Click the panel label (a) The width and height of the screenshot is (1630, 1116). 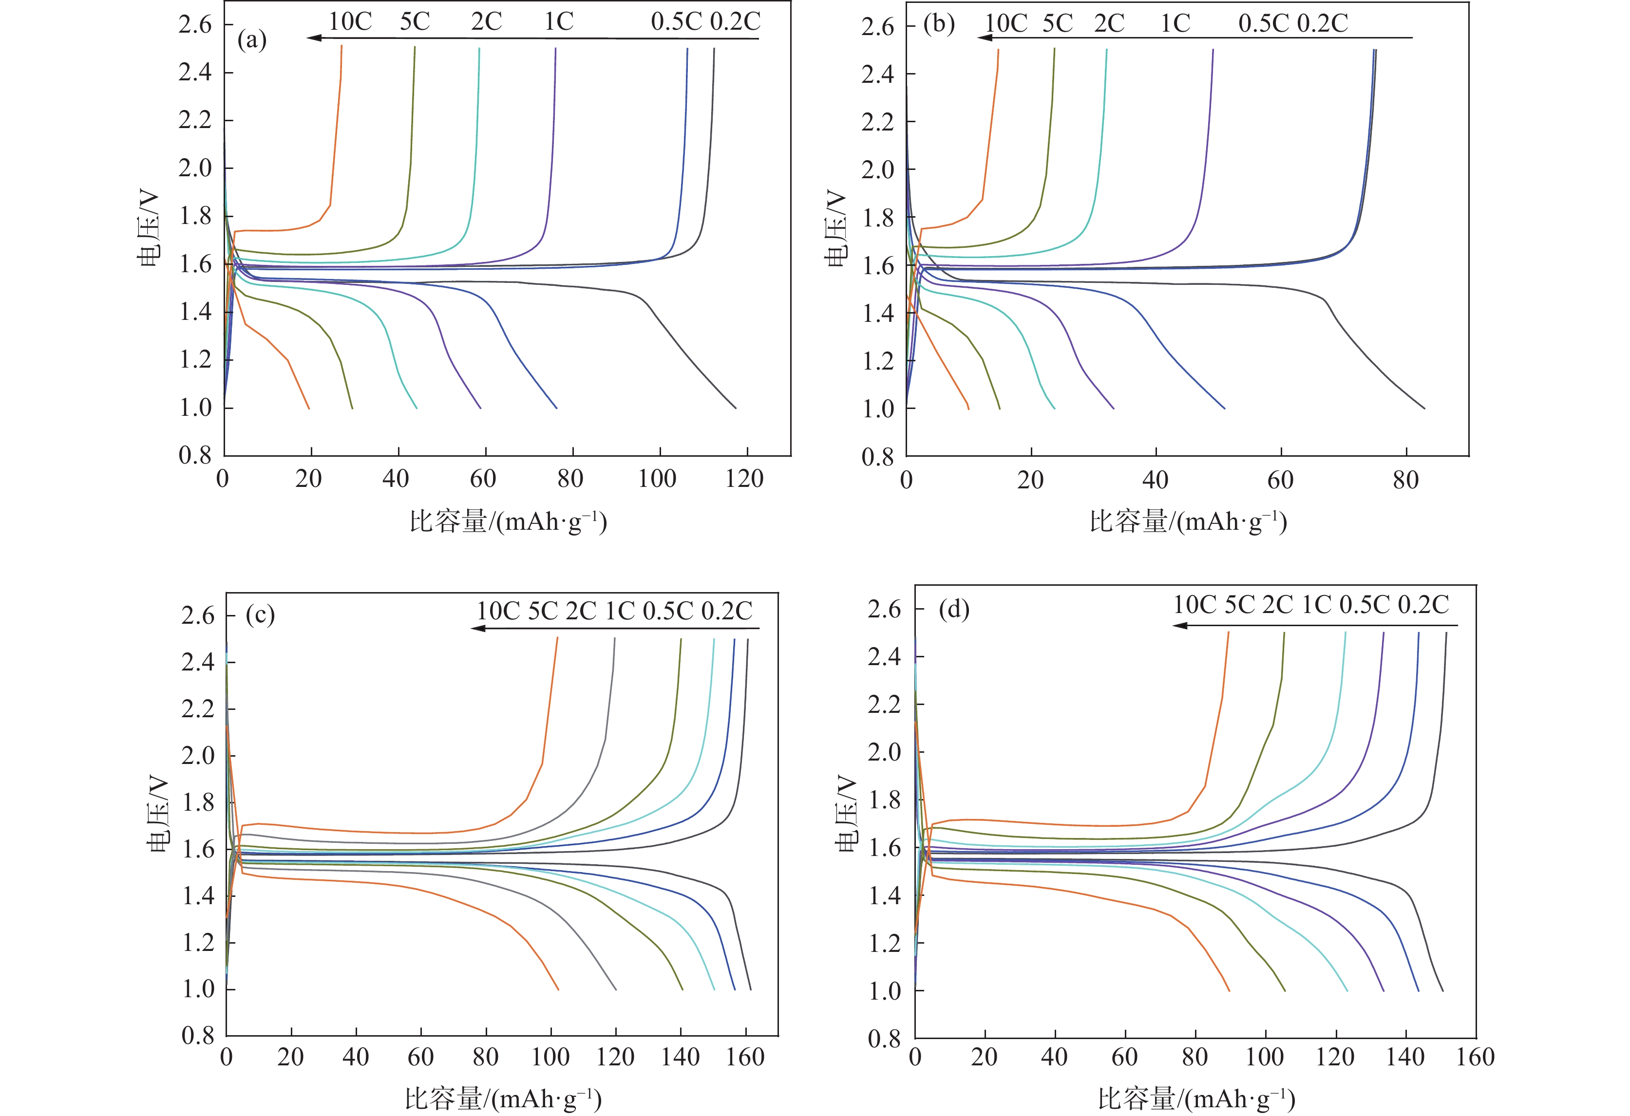(x=252, y=40)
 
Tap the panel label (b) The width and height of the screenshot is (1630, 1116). (x=938, y=24)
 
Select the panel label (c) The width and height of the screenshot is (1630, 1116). (x=260, y=615)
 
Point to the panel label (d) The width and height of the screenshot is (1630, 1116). (x=954, y=609)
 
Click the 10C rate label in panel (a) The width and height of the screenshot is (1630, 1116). (x=350, y=22)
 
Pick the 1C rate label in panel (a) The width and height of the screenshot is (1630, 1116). (x=559, y=22)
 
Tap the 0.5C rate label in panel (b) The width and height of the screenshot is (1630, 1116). (x=1264, y=23)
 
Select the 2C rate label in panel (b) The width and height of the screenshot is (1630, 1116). (x=1109, y=23)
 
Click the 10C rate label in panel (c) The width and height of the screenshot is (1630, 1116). (x=498, y=611)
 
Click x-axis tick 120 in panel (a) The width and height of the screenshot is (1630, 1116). (x=744, y=480)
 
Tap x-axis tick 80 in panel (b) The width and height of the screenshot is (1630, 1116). (x=1405, y=481)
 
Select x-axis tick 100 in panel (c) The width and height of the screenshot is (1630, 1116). (x=550, y=1057)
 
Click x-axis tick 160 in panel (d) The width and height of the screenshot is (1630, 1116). (x=1475, y=1057)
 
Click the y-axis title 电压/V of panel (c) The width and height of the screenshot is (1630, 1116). (x=158, y=814)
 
